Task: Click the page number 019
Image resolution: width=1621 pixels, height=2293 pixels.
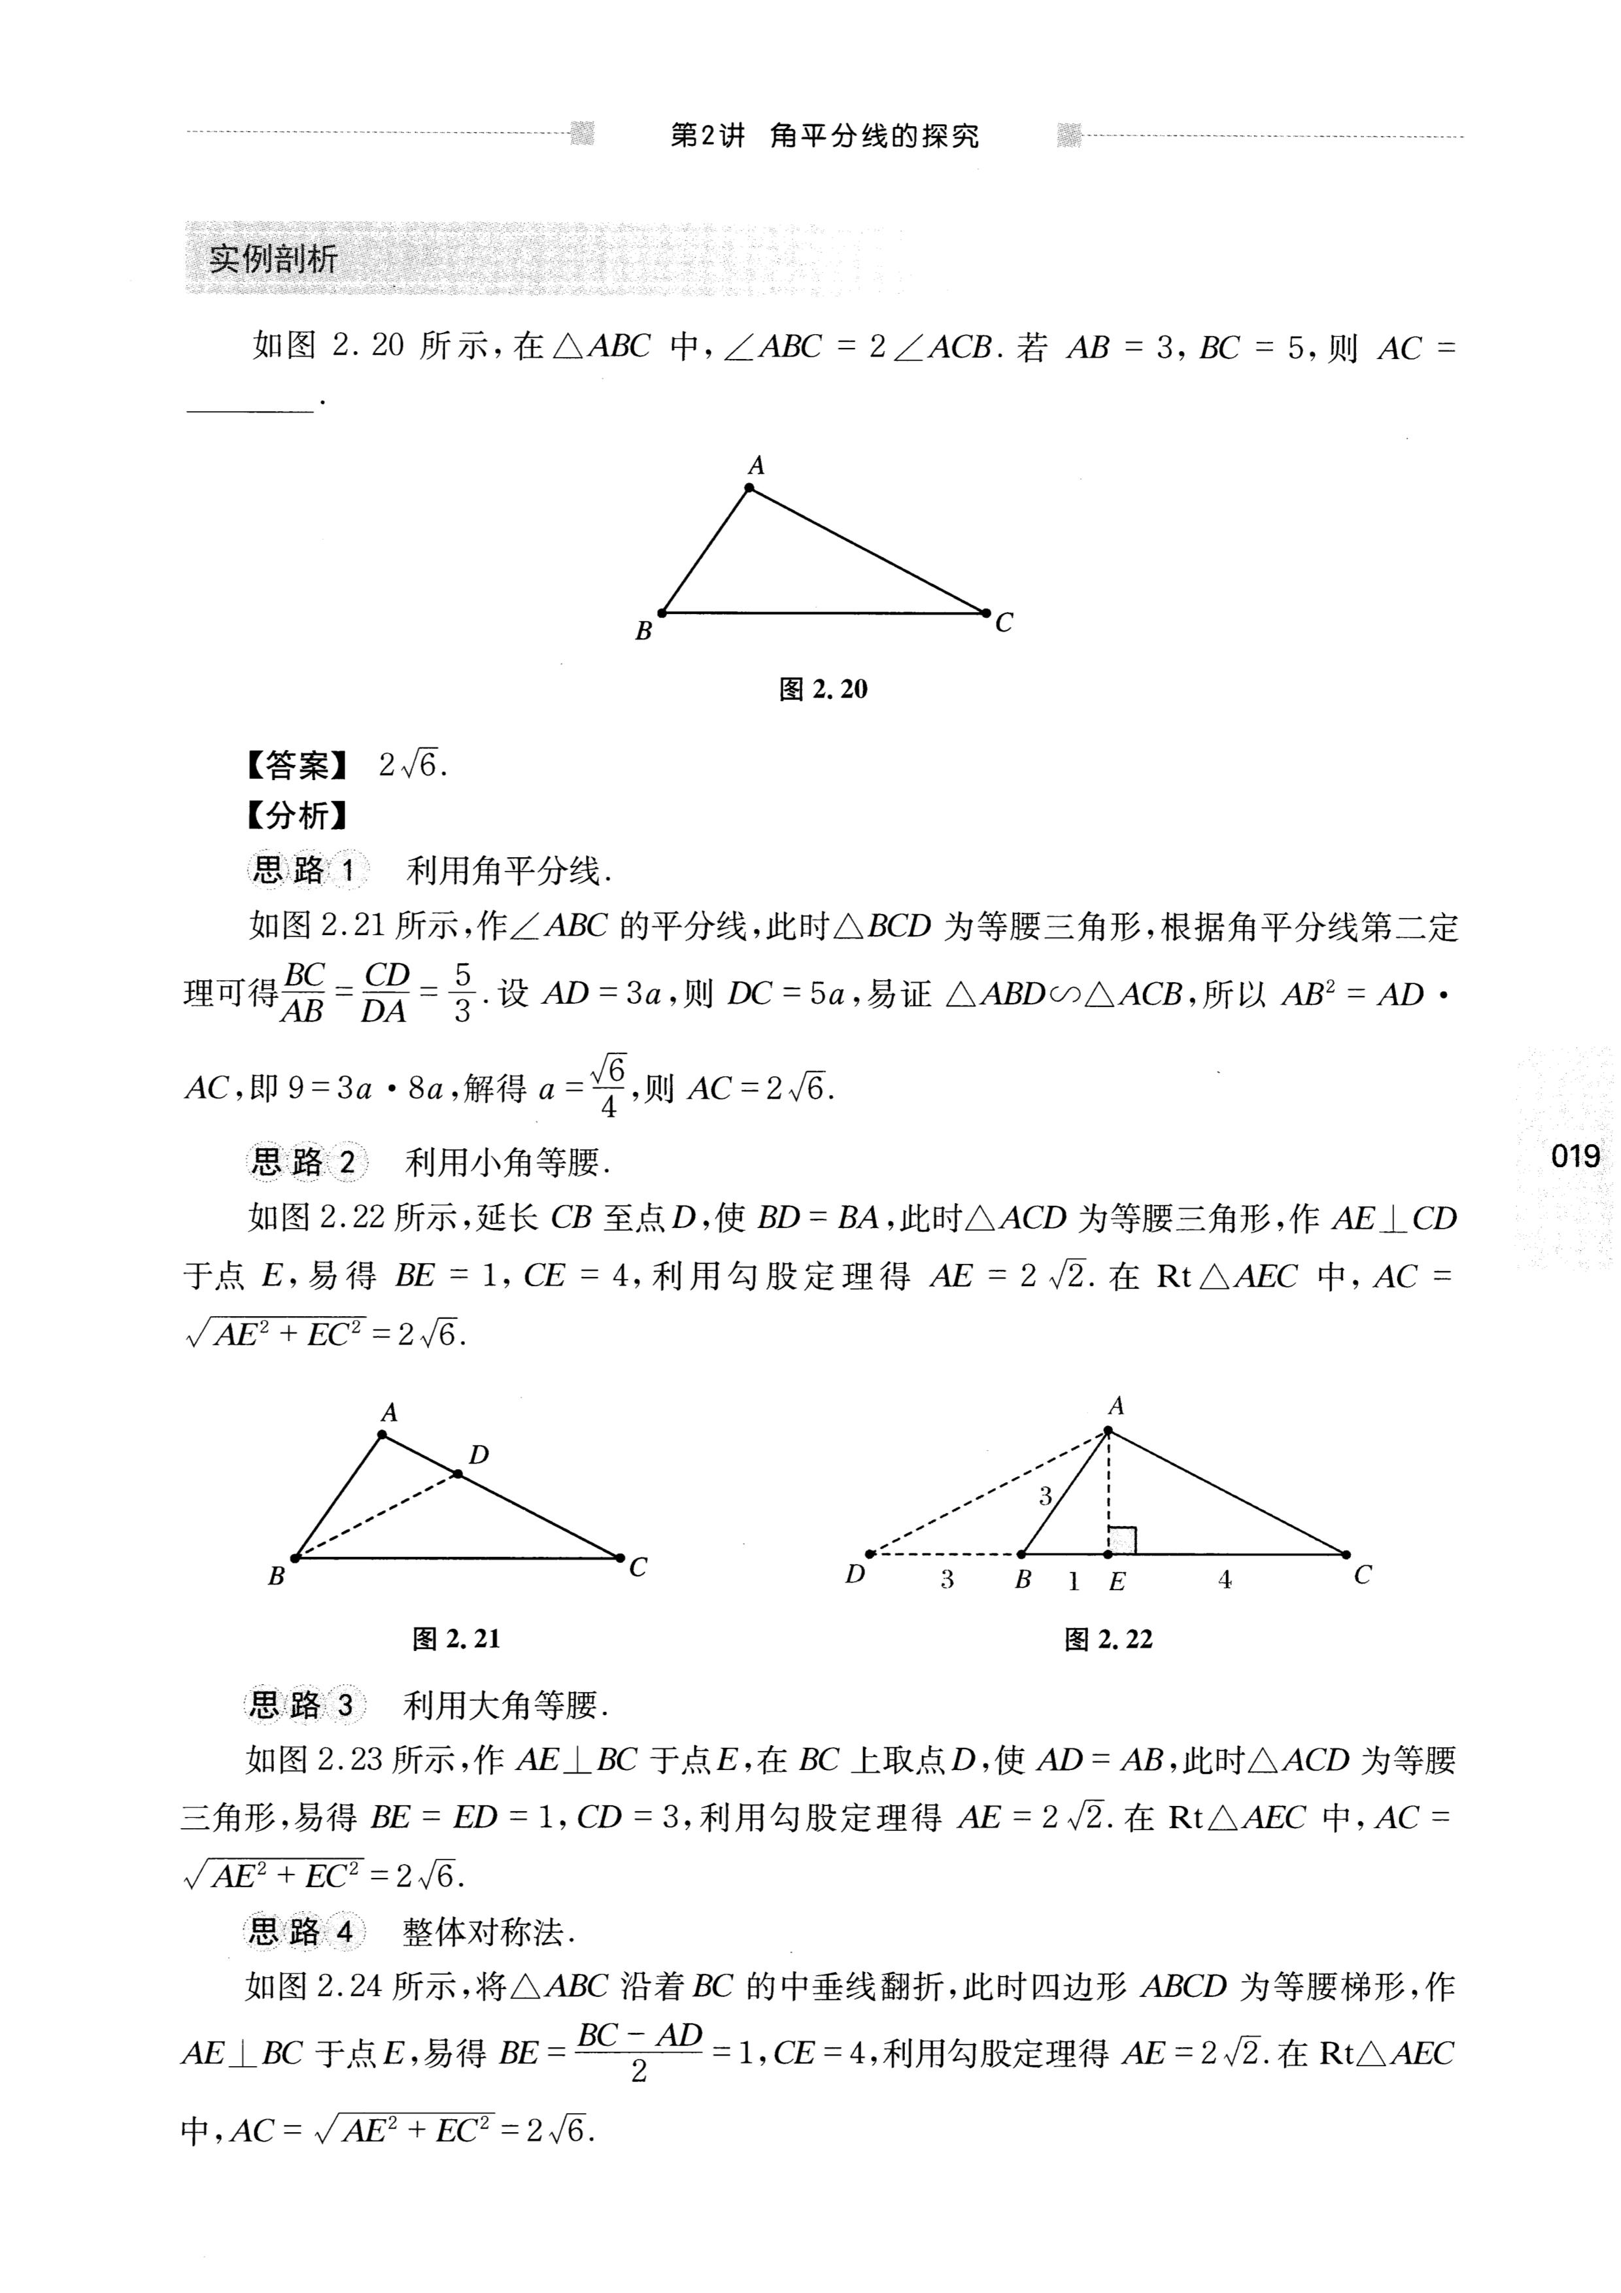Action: coord(1575,1157)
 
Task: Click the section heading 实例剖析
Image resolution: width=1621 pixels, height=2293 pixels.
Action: coord(273,260)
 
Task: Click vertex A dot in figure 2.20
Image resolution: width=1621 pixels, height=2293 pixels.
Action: coord(749,488)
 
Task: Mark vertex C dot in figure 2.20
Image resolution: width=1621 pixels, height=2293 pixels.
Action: coord(985,612)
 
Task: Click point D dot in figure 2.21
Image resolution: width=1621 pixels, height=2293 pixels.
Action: coord(458,1474)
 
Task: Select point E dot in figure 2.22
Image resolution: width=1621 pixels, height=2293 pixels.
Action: coord(1108,1554)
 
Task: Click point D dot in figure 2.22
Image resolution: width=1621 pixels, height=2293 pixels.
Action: coord(870,1554)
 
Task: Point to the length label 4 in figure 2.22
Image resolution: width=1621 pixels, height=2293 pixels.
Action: coord(1225,1580)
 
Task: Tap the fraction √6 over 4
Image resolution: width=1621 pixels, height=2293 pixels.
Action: coord(608,1087)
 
